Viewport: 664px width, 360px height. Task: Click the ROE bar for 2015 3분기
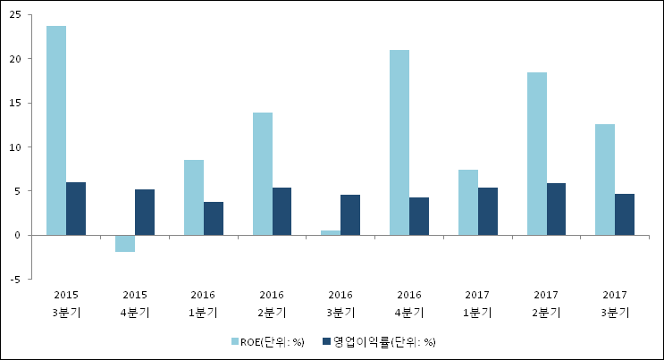56,130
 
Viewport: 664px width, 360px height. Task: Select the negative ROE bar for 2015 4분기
125,243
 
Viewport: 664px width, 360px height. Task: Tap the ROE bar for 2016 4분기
399,142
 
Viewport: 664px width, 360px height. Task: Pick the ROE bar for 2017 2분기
537,154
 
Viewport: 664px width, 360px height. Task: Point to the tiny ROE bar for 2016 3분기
331,232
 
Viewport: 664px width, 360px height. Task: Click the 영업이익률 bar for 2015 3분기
76,208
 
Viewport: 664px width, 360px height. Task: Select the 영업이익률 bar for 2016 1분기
214,218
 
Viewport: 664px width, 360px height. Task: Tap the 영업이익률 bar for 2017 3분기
626,214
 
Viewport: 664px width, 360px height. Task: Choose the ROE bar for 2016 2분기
263,173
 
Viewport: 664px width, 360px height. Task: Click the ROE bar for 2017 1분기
468,202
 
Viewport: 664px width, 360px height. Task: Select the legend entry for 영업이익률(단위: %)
379,341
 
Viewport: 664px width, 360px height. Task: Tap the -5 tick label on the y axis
15,279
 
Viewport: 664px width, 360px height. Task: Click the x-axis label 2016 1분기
203,303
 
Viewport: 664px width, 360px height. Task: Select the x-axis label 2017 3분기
614,303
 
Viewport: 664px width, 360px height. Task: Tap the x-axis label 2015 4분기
134,303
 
